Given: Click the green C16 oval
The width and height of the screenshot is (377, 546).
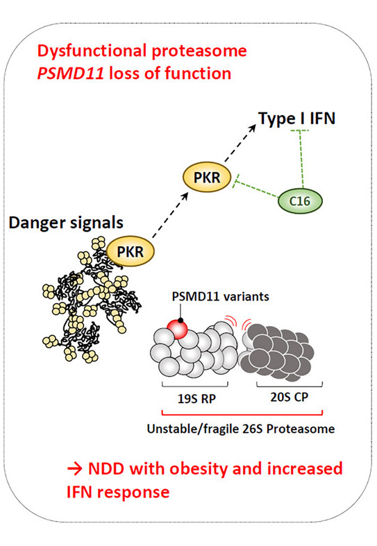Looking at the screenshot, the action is point(300,201).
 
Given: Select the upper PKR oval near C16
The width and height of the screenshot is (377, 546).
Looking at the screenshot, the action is point(207,177).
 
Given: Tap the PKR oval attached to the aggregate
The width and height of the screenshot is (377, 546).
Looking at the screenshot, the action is point(130,251).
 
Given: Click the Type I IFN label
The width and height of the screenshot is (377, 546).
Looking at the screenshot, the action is point(297,119).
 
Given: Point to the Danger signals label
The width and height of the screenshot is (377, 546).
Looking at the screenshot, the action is point(66,223).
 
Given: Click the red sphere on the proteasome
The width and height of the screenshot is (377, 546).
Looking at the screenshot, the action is point(177,329).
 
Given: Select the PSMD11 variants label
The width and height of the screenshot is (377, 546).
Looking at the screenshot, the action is point(220,297).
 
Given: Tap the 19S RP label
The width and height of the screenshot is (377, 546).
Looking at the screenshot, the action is point(196,398).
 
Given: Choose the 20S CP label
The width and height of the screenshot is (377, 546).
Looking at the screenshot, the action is point(290,397).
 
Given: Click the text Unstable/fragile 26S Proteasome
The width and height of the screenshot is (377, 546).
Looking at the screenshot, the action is point(241,429).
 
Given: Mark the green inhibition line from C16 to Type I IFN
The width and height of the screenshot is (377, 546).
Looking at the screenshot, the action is point(301,160).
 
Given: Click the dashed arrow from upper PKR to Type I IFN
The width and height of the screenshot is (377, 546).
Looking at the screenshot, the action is point(240,143).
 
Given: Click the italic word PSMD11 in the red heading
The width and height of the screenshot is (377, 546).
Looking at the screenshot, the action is point(70,74).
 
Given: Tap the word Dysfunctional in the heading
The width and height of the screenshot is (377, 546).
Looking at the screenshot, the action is point(92,51).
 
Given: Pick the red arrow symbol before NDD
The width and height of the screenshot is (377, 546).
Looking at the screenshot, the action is point(74,469).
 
